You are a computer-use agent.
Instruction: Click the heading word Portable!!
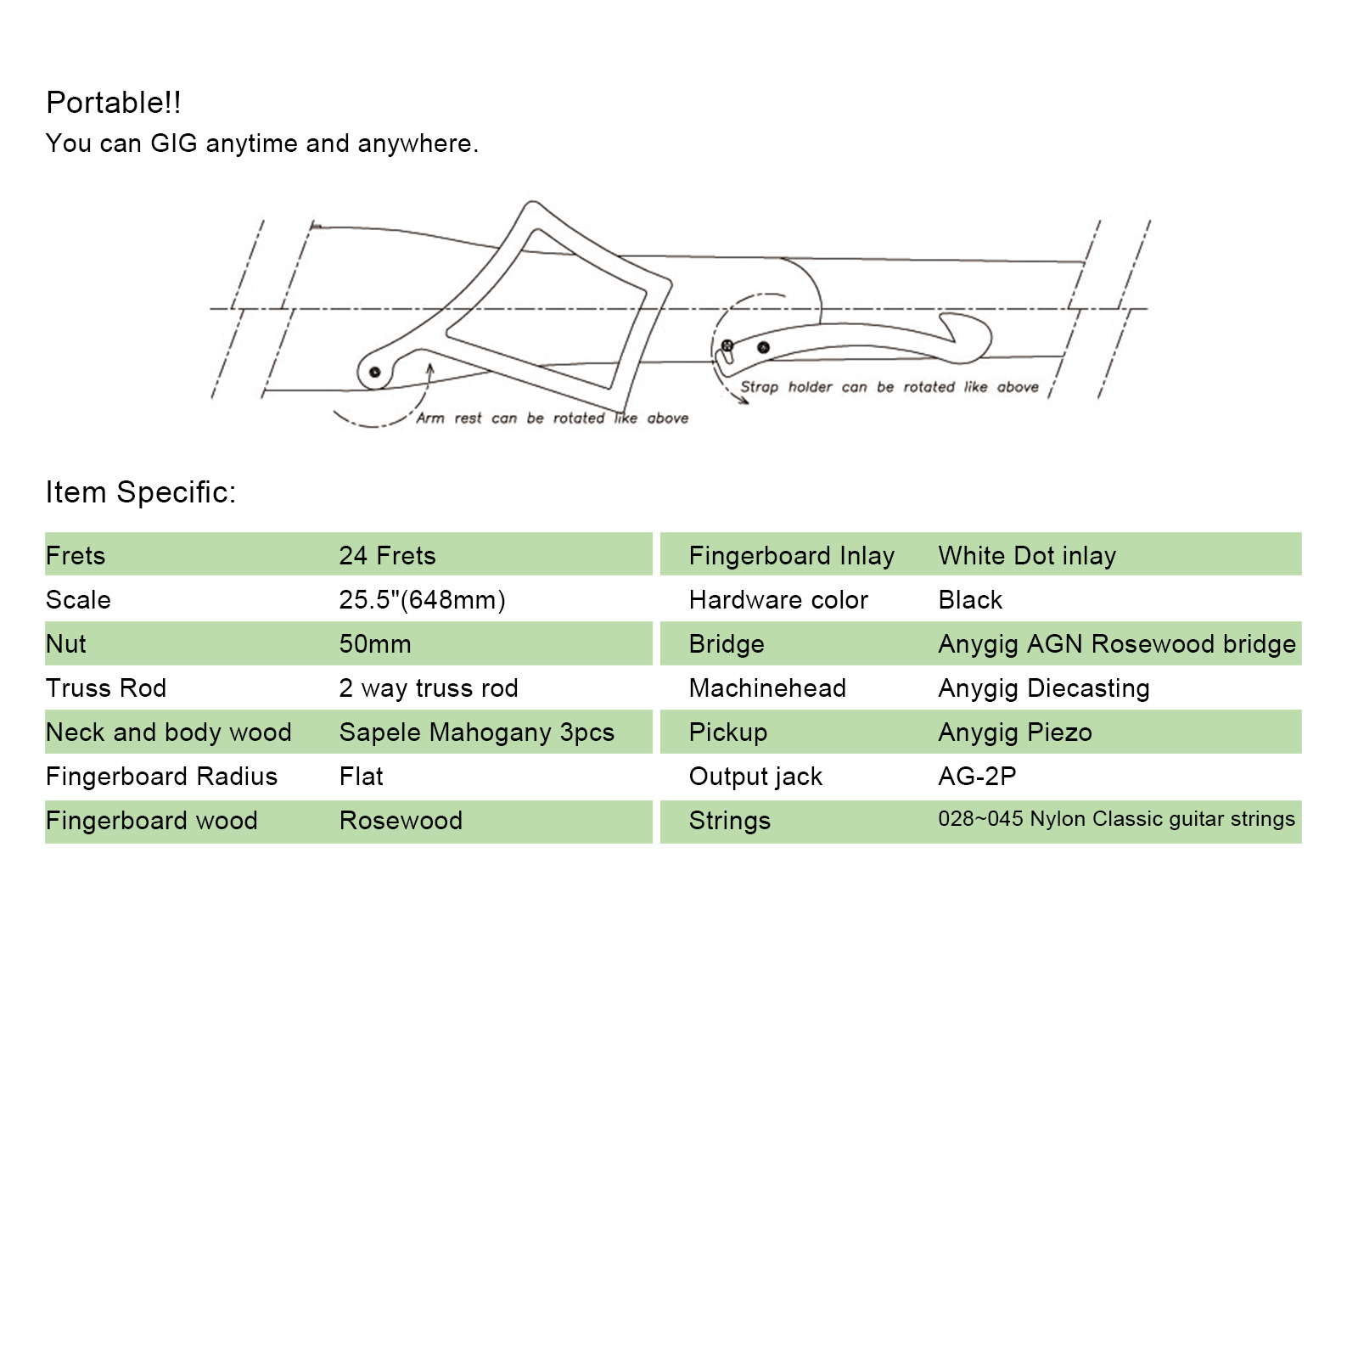[x=113, y=103]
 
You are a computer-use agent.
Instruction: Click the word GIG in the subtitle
[x=173, y=143]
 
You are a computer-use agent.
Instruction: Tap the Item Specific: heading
[x=140, y=492]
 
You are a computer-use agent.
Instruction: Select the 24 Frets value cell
[x=387, y=556]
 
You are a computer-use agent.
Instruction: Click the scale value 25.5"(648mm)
[x=422, y=600]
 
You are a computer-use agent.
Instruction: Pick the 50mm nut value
[x=375, y=644]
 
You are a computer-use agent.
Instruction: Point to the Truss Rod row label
[x=106, y=688]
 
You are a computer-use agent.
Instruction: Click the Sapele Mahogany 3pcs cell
[x=476, y=732]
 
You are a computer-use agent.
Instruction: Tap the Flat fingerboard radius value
[x=361, y=777]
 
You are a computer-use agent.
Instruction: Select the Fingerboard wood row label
[x=151, y=821]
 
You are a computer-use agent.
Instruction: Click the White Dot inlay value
[x=1027, y=556]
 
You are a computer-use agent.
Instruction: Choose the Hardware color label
[x=778, y=600]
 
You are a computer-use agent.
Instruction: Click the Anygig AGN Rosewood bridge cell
[x=1117, y=644]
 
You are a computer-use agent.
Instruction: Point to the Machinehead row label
[x=767, y=688]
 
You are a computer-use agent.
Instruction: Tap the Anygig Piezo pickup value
[x=1015, y=732]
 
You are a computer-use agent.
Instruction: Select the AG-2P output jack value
[x=977, y=777]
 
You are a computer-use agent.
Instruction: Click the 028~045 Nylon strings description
[x=1116, y=819]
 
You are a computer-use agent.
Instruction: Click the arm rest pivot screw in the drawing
[x=374, y=372]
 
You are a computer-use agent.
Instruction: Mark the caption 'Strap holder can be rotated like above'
[x=889, y=387]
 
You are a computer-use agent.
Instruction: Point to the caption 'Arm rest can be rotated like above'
[x=552, y=418]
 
